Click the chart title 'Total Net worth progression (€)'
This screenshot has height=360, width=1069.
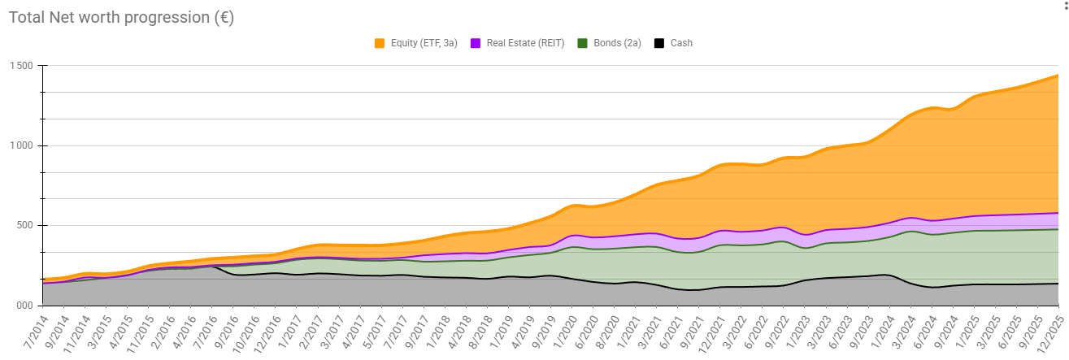click(121, 17)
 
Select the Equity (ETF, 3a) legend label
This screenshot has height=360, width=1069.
click(424, 43)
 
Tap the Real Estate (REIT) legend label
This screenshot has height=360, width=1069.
click(525, 43)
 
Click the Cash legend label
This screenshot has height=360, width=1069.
click(681, 43)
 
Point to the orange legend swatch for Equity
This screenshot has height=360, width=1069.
click(380, 43)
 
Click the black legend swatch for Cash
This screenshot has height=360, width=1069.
click(659, 43)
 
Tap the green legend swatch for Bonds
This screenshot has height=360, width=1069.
click(583, 43)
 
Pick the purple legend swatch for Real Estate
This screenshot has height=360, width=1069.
click(476, 43)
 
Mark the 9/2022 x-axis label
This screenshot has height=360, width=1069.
click(775, 332)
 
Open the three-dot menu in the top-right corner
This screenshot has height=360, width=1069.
click(1064, 7)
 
